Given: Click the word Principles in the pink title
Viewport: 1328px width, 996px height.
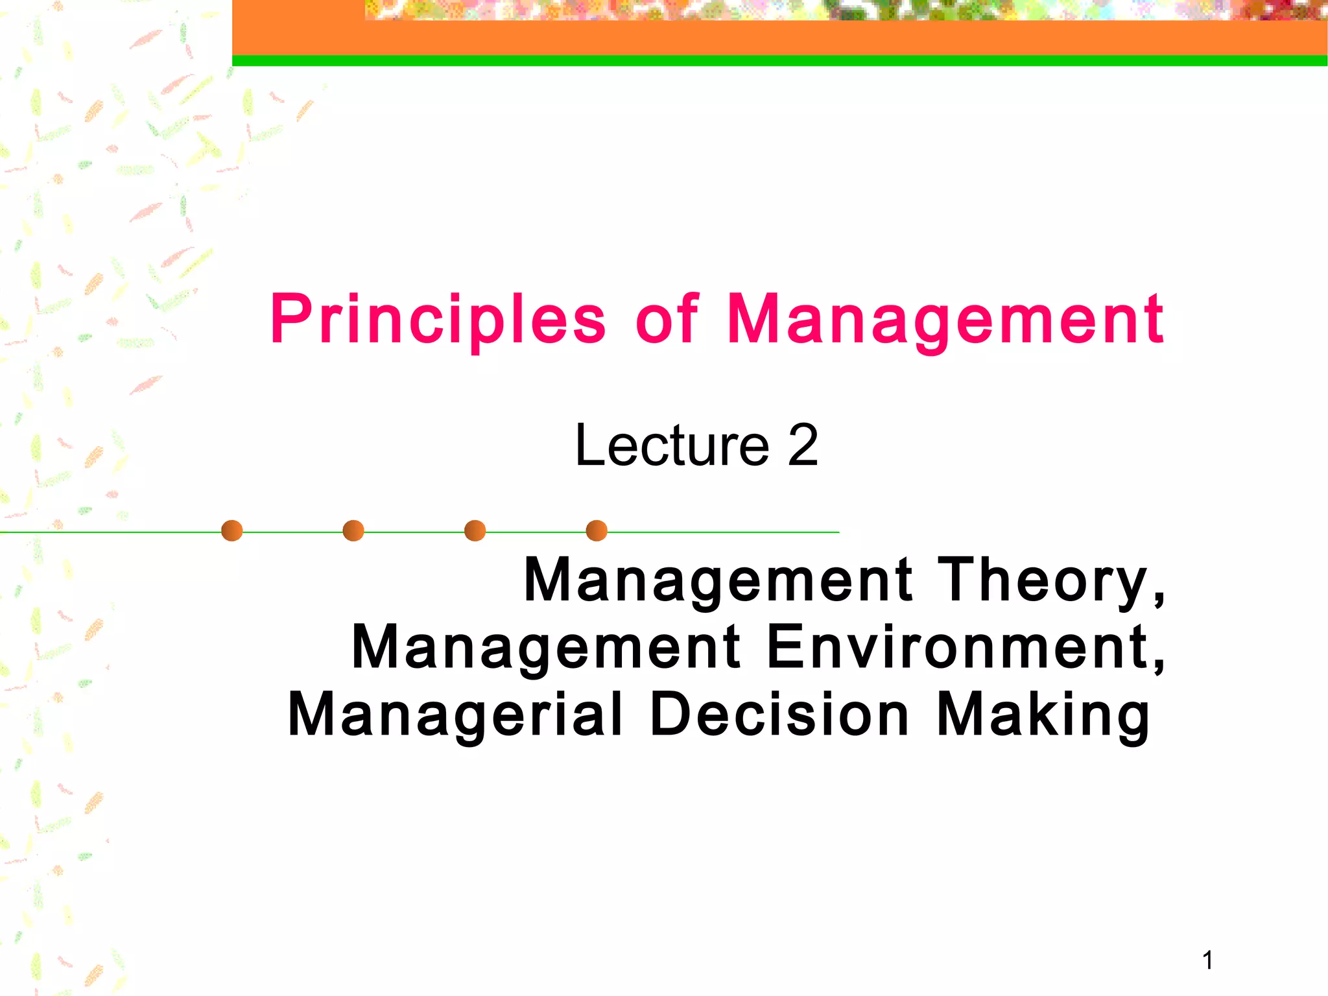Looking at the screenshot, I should [x=438, y=320].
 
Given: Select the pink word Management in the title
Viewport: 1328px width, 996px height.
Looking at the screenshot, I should [x=945, y=320].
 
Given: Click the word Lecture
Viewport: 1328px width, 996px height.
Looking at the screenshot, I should [x=672, y=445].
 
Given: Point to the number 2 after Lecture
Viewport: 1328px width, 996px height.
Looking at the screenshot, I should [x=803, y=445].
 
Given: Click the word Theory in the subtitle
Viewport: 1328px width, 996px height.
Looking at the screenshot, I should [x=1043, y=580].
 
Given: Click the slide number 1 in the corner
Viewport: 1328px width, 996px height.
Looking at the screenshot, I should [x=1207, y=960].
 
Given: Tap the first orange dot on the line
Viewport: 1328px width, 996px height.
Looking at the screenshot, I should [x=231, y=530].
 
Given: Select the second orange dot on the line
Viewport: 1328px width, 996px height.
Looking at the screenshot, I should [x=353, y=530].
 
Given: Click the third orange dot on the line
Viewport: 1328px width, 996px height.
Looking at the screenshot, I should [x=475, y=530].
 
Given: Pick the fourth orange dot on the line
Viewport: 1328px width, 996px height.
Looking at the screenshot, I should [x=597, y=530].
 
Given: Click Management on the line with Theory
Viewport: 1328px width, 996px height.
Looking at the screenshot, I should [x=718, y=580].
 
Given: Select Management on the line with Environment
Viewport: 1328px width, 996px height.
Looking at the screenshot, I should [x=546, y=646].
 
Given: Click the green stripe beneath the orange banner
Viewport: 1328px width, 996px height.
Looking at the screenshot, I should [x=778, y=61].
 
